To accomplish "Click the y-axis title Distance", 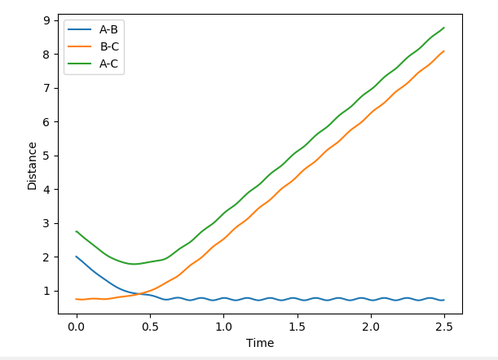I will [x=33, y=165].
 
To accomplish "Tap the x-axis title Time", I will [x=260, y=343].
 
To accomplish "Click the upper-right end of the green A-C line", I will [x=444, y=28].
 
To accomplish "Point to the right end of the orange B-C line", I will [x=444, y=51].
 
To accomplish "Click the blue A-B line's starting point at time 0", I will [x=77, y=257].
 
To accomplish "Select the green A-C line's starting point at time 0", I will [x=77, y=231].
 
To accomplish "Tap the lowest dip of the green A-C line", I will [x=134, y=264].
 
